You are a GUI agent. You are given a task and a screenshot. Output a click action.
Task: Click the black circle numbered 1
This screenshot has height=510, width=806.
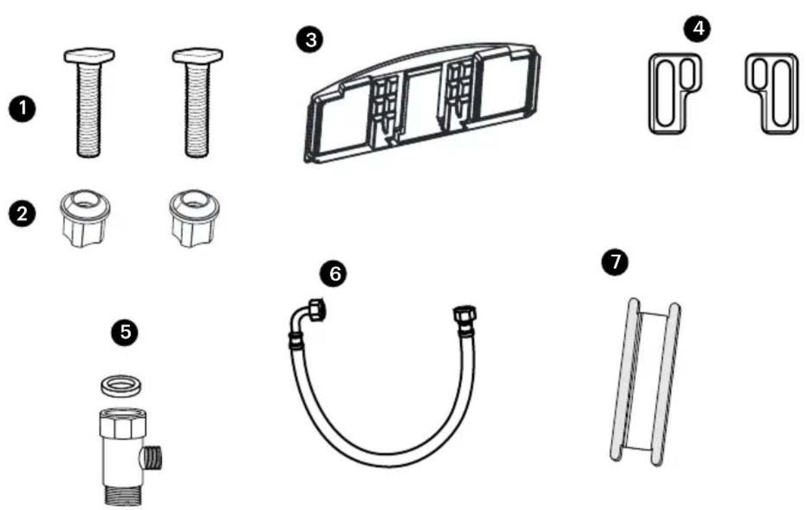pyautogui.click(x=22, y=109)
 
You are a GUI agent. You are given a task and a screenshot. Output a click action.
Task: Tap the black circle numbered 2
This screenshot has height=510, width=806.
pyautogui.click(x=22, y=213)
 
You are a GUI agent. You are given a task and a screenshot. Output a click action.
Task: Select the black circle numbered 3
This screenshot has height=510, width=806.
pyautogui.click(x=310, y=40)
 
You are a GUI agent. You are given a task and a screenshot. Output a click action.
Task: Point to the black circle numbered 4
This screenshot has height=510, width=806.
pyautogui.click(x=697, y=29)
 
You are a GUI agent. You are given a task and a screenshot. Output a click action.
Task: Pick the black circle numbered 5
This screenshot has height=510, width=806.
pyautogui.click(x=125, y=332)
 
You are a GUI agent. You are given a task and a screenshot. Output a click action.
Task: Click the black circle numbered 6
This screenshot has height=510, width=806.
pyautogui.click(x=333, y=274)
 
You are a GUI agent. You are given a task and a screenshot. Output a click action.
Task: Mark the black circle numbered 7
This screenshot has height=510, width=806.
pyautogui.click(x=615, y=262)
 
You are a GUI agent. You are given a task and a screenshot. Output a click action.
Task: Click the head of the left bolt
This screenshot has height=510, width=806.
pyautogui.click(x=89, y=55)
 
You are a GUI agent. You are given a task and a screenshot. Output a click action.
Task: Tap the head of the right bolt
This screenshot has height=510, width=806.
pyautogui.click(x=198, y=55)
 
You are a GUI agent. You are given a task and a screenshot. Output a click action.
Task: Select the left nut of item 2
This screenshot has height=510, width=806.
pyautogui.click(x=85, y=219)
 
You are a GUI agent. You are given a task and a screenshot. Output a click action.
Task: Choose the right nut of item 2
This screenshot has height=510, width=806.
pyautogui.click(x=194, y=219)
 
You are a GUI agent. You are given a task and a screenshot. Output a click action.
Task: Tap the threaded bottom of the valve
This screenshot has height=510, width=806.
pyautogui.click(x=123, y=495)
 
